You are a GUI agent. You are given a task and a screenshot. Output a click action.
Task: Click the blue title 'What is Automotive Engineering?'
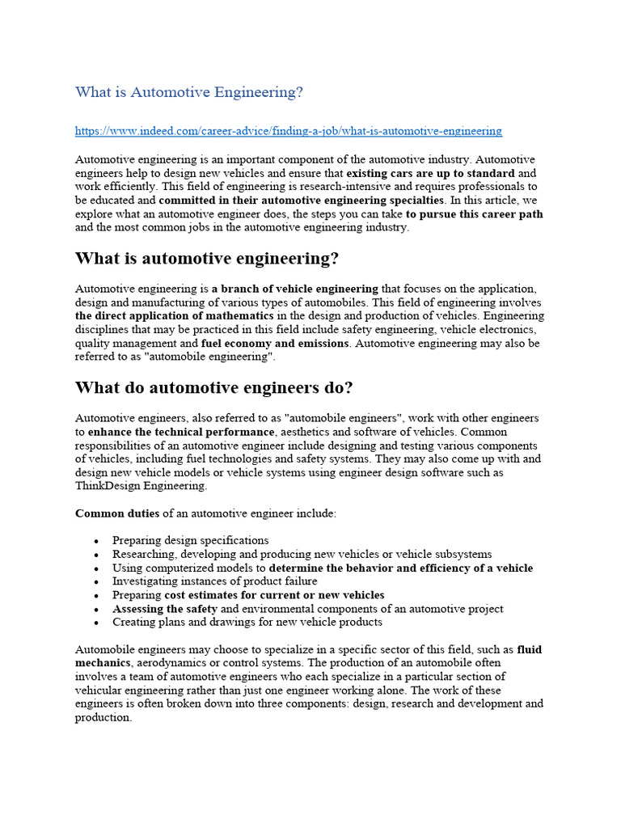pyautogui.click(x=189, y=92)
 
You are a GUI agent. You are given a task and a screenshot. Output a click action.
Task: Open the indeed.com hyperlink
pyautogui.click(x=289, y=131)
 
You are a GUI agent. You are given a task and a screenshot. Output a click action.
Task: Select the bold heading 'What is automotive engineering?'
pyautogui.click(x=207, y=259)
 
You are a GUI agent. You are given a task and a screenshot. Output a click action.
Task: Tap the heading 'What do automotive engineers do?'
pyautogui.click(x=213, y=388)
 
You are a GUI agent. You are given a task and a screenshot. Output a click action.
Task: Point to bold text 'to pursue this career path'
pyautogui.click(x=475, y=214)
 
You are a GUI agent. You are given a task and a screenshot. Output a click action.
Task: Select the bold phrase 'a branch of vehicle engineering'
pyautogui.click(x=295, y=289)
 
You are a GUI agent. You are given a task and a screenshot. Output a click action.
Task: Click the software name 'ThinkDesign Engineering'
pyautogui.click(x=141, y=486)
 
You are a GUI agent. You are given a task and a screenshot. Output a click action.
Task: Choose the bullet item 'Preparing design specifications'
pyautogui.click(x=191, y=540)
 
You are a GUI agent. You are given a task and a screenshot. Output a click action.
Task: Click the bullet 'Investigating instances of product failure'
pyautogui.click(x=215, y=581)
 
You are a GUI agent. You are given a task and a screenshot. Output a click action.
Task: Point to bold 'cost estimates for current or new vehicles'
pyautogui.click(x=274, y=595)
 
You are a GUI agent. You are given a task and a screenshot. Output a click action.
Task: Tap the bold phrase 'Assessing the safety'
pyautogui.click(x=165, y=609)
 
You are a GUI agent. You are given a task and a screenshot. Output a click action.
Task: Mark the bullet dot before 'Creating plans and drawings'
pyautogui.click(x=96, y=623)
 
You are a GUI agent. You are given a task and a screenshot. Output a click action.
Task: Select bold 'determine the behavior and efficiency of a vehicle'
pyautogui.click(x=400, y=568)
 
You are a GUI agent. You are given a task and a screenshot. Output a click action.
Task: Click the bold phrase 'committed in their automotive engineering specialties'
pyautogui.click(x=302, y=201)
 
